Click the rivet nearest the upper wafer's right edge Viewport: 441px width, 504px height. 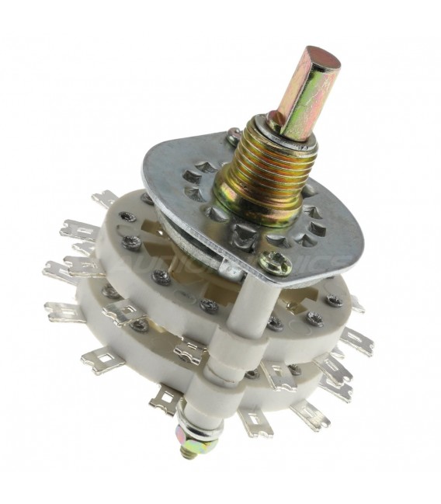click(x=335, y=300)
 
